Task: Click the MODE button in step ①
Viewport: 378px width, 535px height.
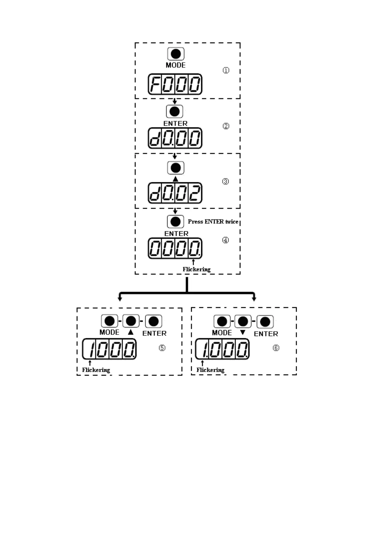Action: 176,54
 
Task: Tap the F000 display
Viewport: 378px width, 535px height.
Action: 175,84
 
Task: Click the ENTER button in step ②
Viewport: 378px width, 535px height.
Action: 175,112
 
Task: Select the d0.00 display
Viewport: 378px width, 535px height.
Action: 175,138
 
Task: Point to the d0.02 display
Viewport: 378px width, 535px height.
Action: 175,193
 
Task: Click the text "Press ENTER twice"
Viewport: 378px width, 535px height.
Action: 213,222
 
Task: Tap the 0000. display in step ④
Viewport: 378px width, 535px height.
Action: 175,248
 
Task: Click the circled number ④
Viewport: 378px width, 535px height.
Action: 225,240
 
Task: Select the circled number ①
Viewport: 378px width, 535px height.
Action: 226,70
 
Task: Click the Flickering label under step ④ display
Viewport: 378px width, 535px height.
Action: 196,269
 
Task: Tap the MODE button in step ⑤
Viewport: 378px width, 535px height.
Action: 109,321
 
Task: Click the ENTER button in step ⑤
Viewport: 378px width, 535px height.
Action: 154,321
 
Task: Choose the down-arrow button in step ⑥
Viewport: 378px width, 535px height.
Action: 243,322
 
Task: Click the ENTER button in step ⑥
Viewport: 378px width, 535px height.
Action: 265,322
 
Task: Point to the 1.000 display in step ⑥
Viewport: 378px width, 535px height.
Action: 222,349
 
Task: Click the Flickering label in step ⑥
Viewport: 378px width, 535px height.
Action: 210,370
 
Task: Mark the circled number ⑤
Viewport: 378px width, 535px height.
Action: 162,348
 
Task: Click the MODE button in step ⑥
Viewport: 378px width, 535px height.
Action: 222,322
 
